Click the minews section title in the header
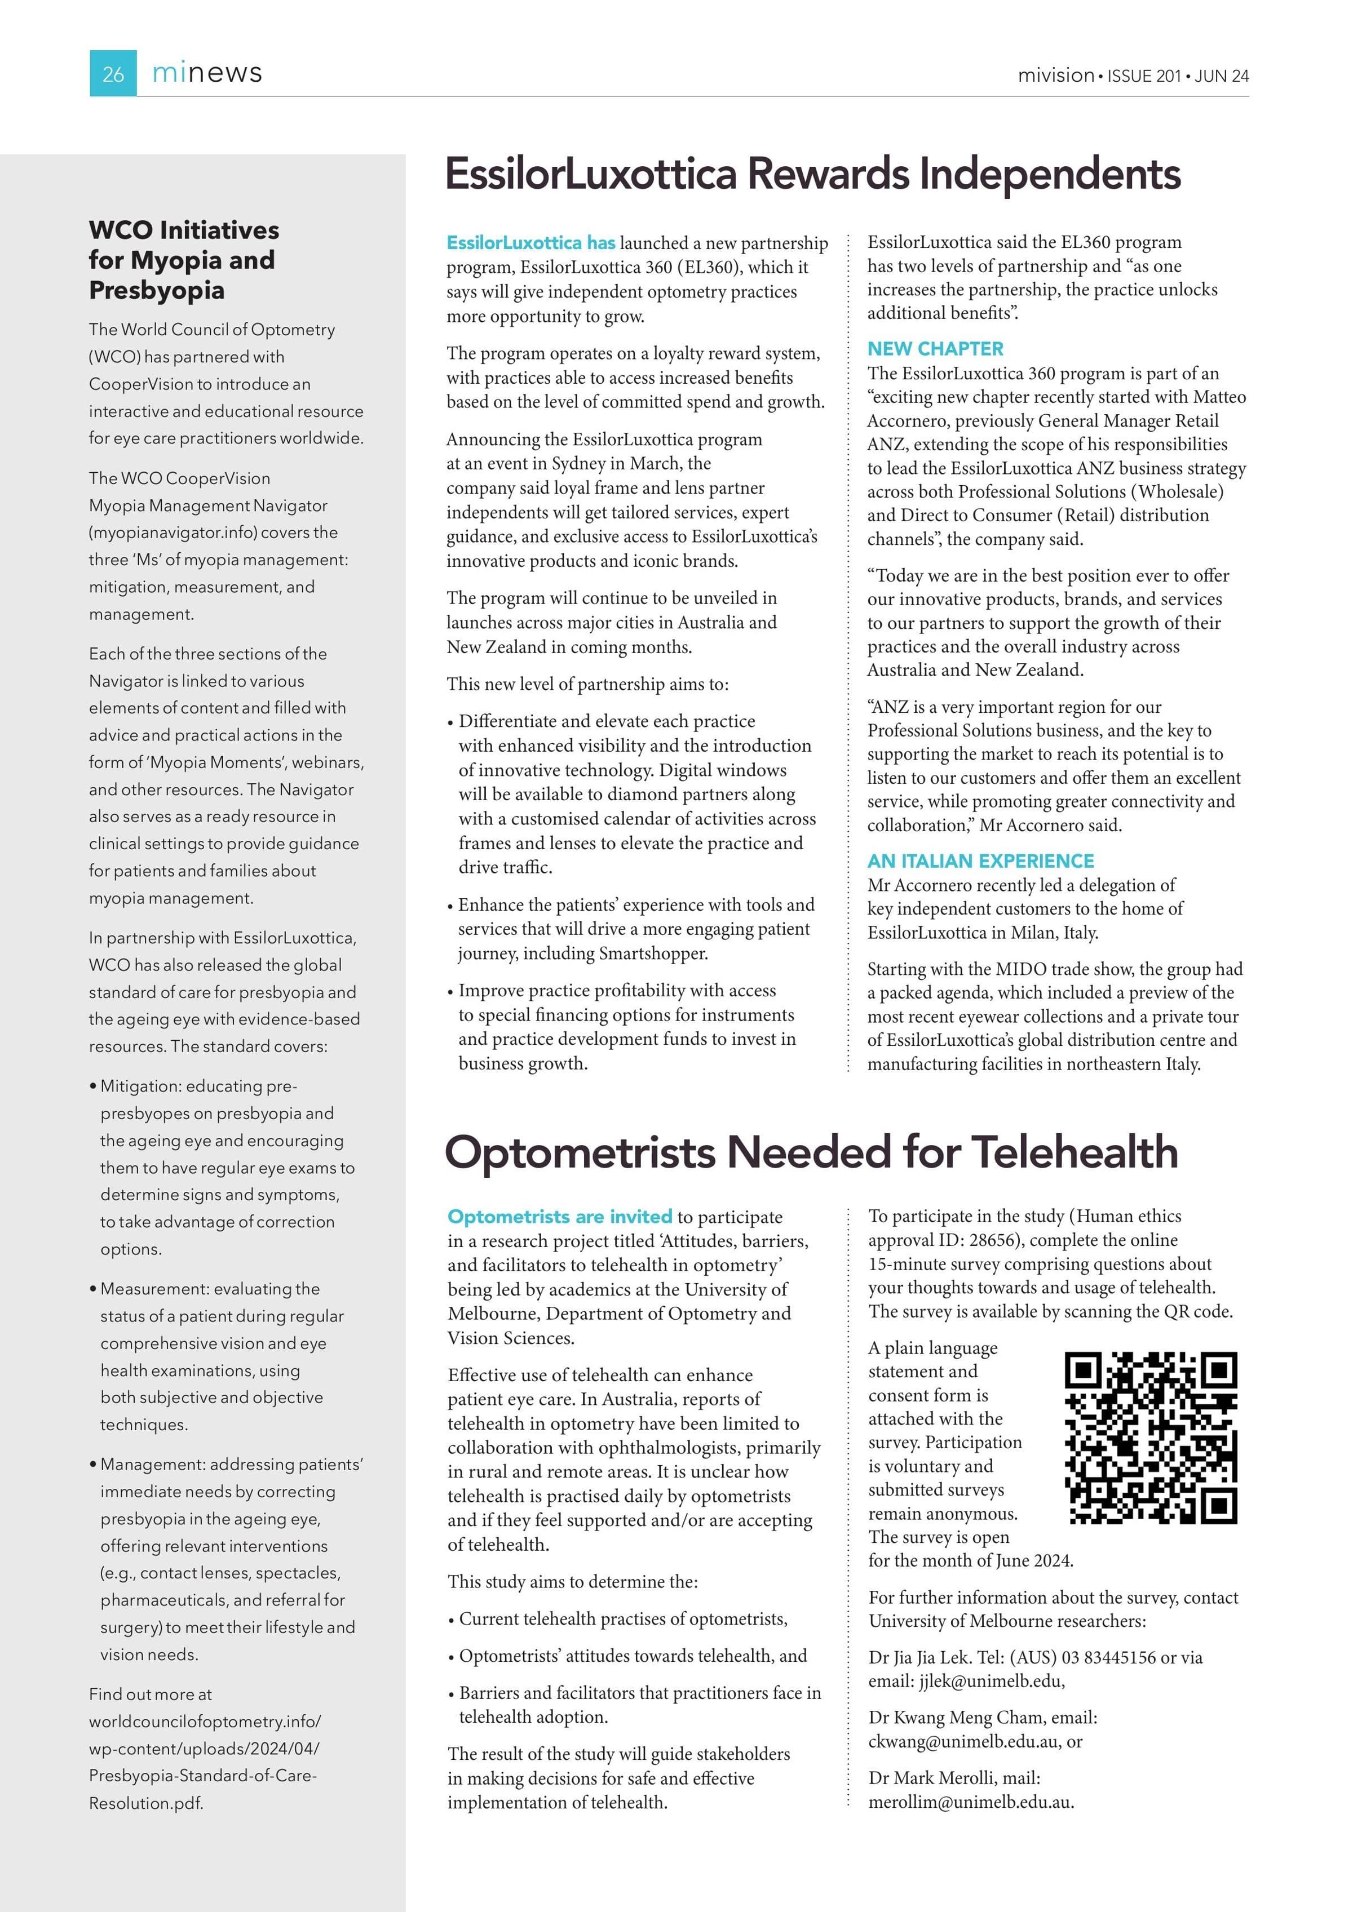pos(207,73)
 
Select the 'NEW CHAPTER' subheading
pos(935,349)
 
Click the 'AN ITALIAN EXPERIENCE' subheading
pos(980,861)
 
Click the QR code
pos(1151,1438)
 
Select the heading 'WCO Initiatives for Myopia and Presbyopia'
pos(183,260)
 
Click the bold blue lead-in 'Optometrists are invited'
pos(559,1217)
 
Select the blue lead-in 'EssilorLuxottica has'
pos(530,243)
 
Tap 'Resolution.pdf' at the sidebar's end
pos(146,1803)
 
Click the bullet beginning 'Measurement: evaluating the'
pos(209,1289)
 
